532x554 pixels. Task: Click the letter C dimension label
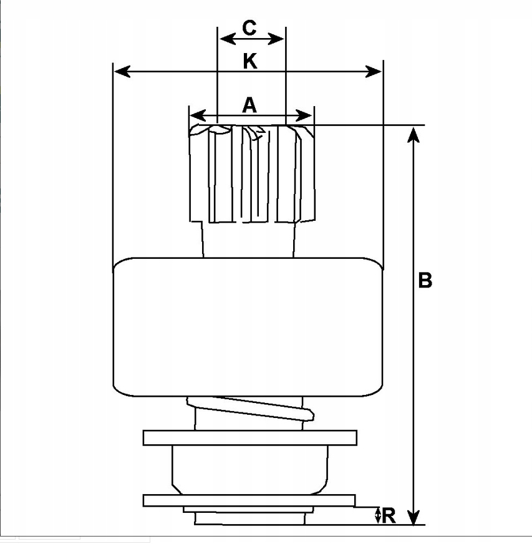coord(249,28)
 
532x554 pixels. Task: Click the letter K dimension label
coord(249,61)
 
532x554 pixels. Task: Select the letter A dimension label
coord(249,105)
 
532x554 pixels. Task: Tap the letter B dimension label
coord(425,281)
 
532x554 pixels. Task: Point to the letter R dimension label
coord(389,515)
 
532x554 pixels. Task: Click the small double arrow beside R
coord(377,515)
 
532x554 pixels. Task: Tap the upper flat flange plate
coord(249,437)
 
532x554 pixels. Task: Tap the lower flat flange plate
coord(249,500)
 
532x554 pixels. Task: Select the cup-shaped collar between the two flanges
coord(249,469)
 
